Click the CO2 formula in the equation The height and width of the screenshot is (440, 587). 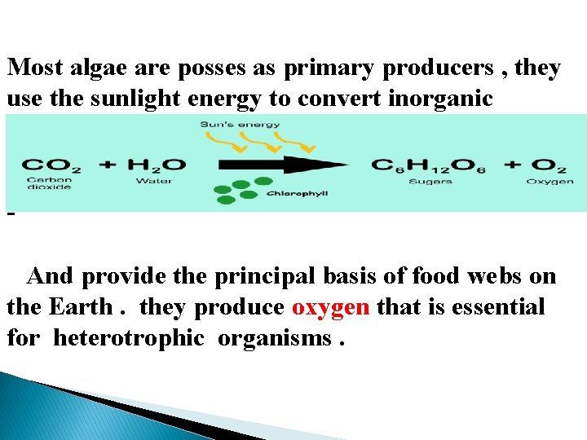pyautogui.click(x=51, y=165)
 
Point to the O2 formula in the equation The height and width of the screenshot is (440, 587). pyautogui.click(x=549, y=165)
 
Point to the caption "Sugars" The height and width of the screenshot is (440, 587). pyautogui.click(x=430, y=181)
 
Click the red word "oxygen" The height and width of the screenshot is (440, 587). pyautogui.click(x=330, y=307)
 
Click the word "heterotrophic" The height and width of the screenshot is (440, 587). pyautogui.click(x=129, y=337)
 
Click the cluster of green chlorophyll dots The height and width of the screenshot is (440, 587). pyautogui.click(x=239, y=190)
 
